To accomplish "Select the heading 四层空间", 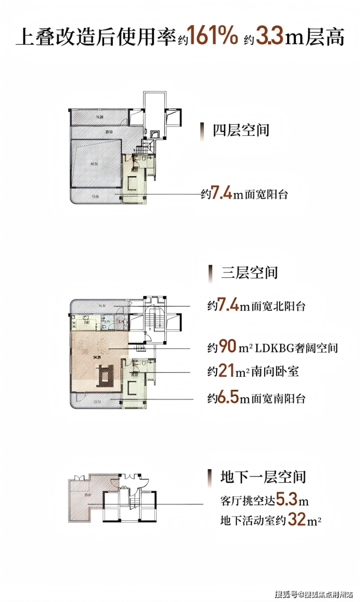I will [x=241, y=130].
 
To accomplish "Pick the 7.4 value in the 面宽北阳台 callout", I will [x=227, y=306].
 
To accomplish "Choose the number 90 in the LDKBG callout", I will [x=227, y=347].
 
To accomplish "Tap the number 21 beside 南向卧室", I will [x=223, y=372].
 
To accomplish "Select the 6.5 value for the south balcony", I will [x=227, y=399].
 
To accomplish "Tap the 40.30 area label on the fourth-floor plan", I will [x=94, y=164].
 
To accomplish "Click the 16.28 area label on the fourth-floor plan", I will [x=100, y=117].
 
